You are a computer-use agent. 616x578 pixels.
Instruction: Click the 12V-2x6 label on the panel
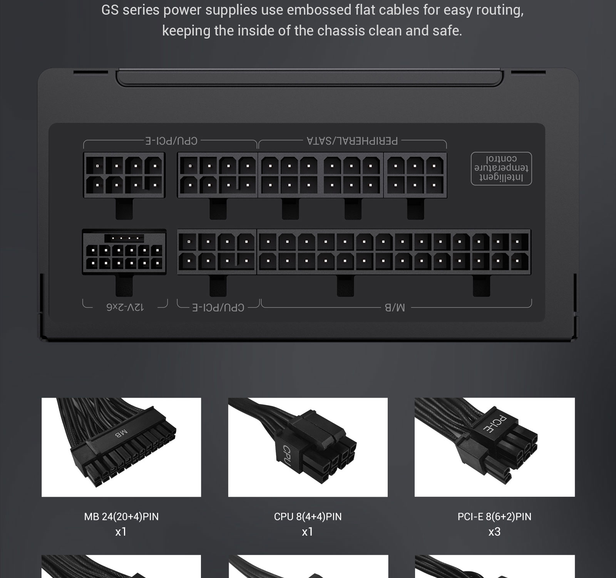125,307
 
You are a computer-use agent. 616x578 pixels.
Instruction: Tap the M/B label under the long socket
395,307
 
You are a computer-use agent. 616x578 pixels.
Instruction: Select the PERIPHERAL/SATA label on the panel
352,141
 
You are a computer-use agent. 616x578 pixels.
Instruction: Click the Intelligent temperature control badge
501,168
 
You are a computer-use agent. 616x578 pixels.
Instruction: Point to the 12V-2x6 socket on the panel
124,252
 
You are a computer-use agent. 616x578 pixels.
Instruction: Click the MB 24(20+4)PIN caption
121,516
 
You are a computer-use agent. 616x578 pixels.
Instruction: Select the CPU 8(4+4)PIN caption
308,516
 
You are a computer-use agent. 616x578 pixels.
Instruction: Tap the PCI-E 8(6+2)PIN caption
494,516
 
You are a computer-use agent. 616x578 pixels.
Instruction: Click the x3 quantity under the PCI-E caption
494,532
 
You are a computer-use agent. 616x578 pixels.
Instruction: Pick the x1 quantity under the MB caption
121,532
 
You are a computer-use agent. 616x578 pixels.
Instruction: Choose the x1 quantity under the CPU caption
307,532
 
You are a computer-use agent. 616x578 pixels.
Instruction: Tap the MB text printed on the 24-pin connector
121,434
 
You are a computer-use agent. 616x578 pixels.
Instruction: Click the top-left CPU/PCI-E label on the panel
171,141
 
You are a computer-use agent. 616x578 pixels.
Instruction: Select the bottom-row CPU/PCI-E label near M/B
218,307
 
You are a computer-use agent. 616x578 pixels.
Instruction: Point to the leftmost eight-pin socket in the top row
124,175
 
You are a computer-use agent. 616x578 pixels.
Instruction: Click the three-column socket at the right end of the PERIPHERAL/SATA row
415,175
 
